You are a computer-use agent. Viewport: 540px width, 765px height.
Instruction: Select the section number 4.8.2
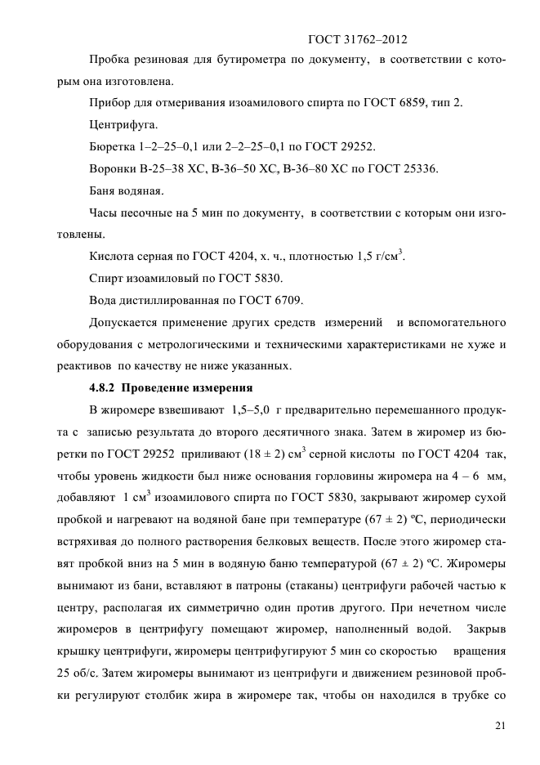pos(104,387)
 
